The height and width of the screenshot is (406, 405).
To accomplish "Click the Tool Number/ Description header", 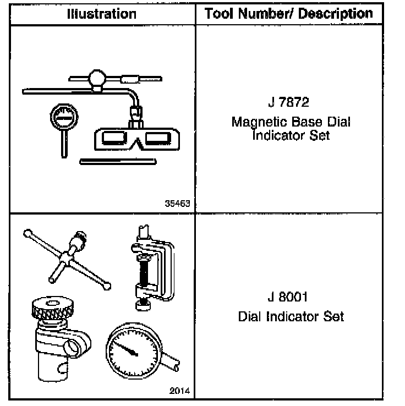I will (x=288, y=14).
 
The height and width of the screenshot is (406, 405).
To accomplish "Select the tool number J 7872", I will (x=291, y=103).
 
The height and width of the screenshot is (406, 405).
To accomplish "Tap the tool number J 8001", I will (x=291, y=298).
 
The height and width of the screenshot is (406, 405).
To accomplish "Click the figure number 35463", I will (x=177, y=203).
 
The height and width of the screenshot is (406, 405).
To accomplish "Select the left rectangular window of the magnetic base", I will (x=112, y=136).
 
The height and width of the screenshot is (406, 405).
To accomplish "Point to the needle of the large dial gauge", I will (x=127, y=350).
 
